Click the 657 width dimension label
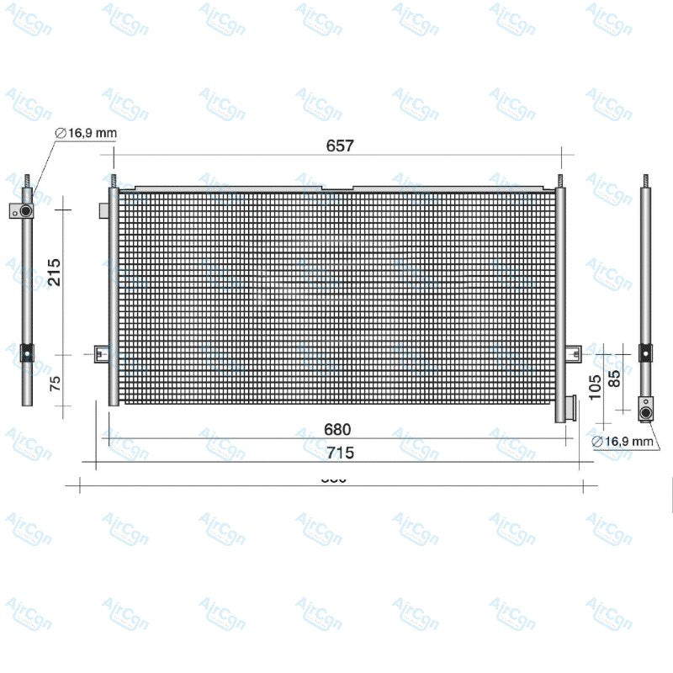[x=340, y=145]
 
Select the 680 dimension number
[x=337, y=429]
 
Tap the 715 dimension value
[x=339, y=453]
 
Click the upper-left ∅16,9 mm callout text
[x=86, y=133]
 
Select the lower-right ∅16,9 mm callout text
[x=623, y=441]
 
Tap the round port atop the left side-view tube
[x=26, y=210]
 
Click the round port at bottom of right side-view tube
[x=646, y=410]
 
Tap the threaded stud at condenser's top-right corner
[x=560, y=180]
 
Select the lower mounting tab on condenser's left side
[x=102, y=354]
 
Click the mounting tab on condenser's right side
[x=573, y=353]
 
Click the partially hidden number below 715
[x=334, y=480]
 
